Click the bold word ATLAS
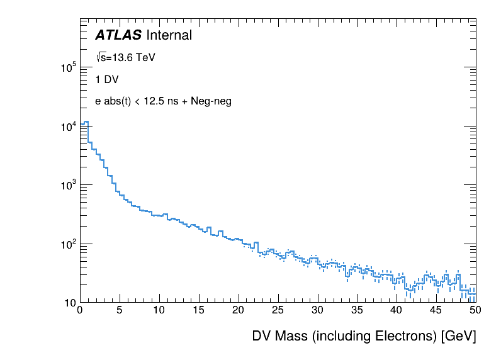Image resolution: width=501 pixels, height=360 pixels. point(118,36)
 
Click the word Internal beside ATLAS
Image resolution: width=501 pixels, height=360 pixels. point(169,36)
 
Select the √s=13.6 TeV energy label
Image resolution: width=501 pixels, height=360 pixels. point(125,58)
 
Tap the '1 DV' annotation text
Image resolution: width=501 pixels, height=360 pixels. point(107,80)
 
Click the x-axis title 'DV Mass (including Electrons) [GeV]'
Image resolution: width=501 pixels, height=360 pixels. point(364,336)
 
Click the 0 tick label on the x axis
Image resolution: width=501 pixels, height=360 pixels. point(79,311)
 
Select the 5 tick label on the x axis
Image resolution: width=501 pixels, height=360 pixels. point(119,311)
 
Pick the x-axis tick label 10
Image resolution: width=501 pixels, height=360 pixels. point(159,311)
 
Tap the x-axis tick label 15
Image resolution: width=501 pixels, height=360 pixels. point(198,311)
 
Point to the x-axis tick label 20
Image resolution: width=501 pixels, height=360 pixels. point(238,311)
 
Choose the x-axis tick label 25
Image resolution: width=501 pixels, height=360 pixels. point(278,311)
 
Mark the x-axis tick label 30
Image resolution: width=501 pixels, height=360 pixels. point(317,311)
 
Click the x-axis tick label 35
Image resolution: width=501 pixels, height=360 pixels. point(357,311)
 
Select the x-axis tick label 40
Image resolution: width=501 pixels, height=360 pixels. point(397,311)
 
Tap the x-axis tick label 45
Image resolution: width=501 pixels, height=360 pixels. point(436,311)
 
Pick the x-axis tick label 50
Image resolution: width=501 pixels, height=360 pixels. point(475,311)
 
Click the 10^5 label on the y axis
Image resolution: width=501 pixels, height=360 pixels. point(68,67)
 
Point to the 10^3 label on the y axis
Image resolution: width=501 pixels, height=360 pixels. point(68,185)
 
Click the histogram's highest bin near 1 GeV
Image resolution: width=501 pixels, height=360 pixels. point(86,122)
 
